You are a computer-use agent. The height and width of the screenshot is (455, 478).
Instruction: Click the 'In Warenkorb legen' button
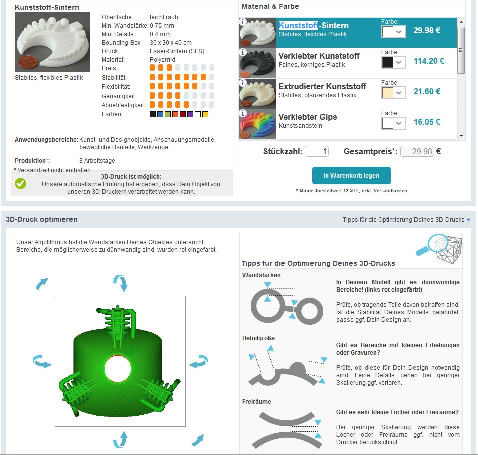click(351, 175)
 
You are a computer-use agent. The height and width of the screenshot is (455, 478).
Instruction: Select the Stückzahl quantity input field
click(317, 151)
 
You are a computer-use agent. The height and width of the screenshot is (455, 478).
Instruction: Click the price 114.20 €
click(429, 61)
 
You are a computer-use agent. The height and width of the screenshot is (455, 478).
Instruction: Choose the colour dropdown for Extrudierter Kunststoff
click(394, 93)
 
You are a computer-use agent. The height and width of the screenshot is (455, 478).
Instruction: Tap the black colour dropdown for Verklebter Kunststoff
click(394, 62)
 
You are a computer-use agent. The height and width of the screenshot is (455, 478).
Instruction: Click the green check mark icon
click(20, 183)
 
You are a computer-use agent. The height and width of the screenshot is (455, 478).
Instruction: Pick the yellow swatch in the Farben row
click(205, 114)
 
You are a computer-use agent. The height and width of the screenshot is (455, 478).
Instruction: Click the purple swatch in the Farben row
click(190, 114)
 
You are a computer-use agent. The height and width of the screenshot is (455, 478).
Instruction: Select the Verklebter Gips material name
click(308, 117)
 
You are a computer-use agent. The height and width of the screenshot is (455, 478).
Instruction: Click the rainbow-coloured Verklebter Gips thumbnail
click(257, 124)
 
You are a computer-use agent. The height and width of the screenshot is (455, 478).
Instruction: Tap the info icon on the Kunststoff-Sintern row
click(243, 22)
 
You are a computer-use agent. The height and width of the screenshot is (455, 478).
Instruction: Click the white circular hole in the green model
click(118, 369)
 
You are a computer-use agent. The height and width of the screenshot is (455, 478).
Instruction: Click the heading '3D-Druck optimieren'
click(42, 219)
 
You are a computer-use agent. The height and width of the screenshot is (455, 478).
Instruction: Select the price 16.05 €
click(427, 122)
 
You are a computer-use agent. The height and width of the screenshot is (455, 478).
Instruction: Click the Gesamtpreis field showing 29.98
click(417, 151)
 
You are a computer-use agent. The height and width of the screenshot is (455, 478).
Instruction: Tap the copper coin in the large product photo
click(28, 62)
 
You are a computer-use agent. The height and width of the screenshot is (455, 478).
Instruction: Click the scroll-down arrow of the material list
click(461, 136)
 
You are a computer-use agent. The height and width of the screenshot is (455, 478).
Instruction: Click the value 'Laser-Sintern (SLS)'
click(177, 51)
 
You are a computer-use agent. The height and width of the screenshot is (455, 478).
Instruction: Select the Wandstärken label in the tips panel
click(261, 275)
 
